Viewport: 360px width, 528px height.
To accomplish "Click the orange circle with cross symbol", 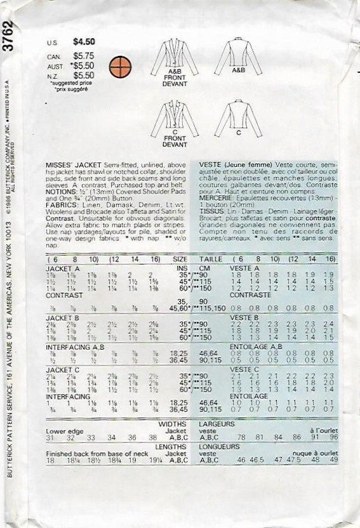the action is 117,65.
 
